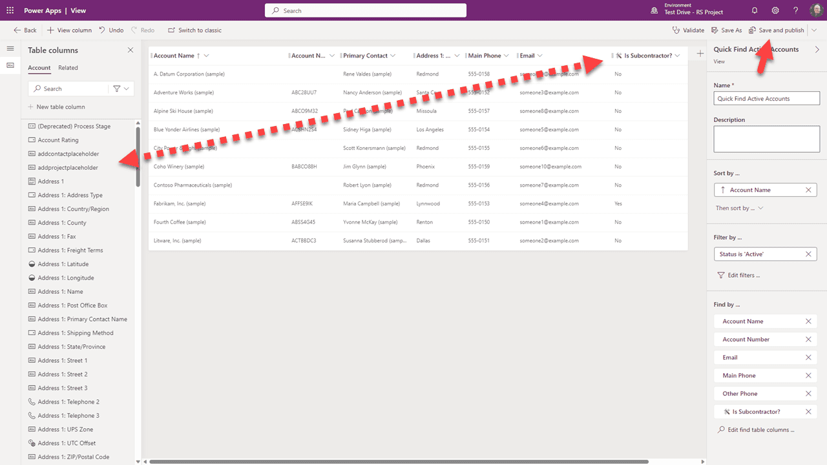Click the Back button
click(x=25, y=30)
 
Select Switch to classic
click(x=194, y=30)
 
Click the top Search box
click(x=366, y=10)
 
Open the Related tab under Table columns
click(x=68, y=68)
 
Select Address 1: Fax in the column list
click(x=57, y=236)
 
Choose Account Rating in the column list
click(x=58, y=140)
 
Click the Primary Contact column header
click(x=365, y=56)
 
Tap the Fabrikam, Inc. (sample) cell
click(x=180, y=203)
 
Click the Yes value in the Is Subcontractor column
click(x=618, y=203)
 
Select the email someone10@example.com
click(x=550, y=167)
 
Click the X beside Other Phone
click(x=808, y=393)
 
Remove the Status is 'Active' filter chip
click(x=808, y=254)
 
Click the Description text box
click(x=766, y=139)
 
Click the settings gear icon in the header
click(x=775, y=10)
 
